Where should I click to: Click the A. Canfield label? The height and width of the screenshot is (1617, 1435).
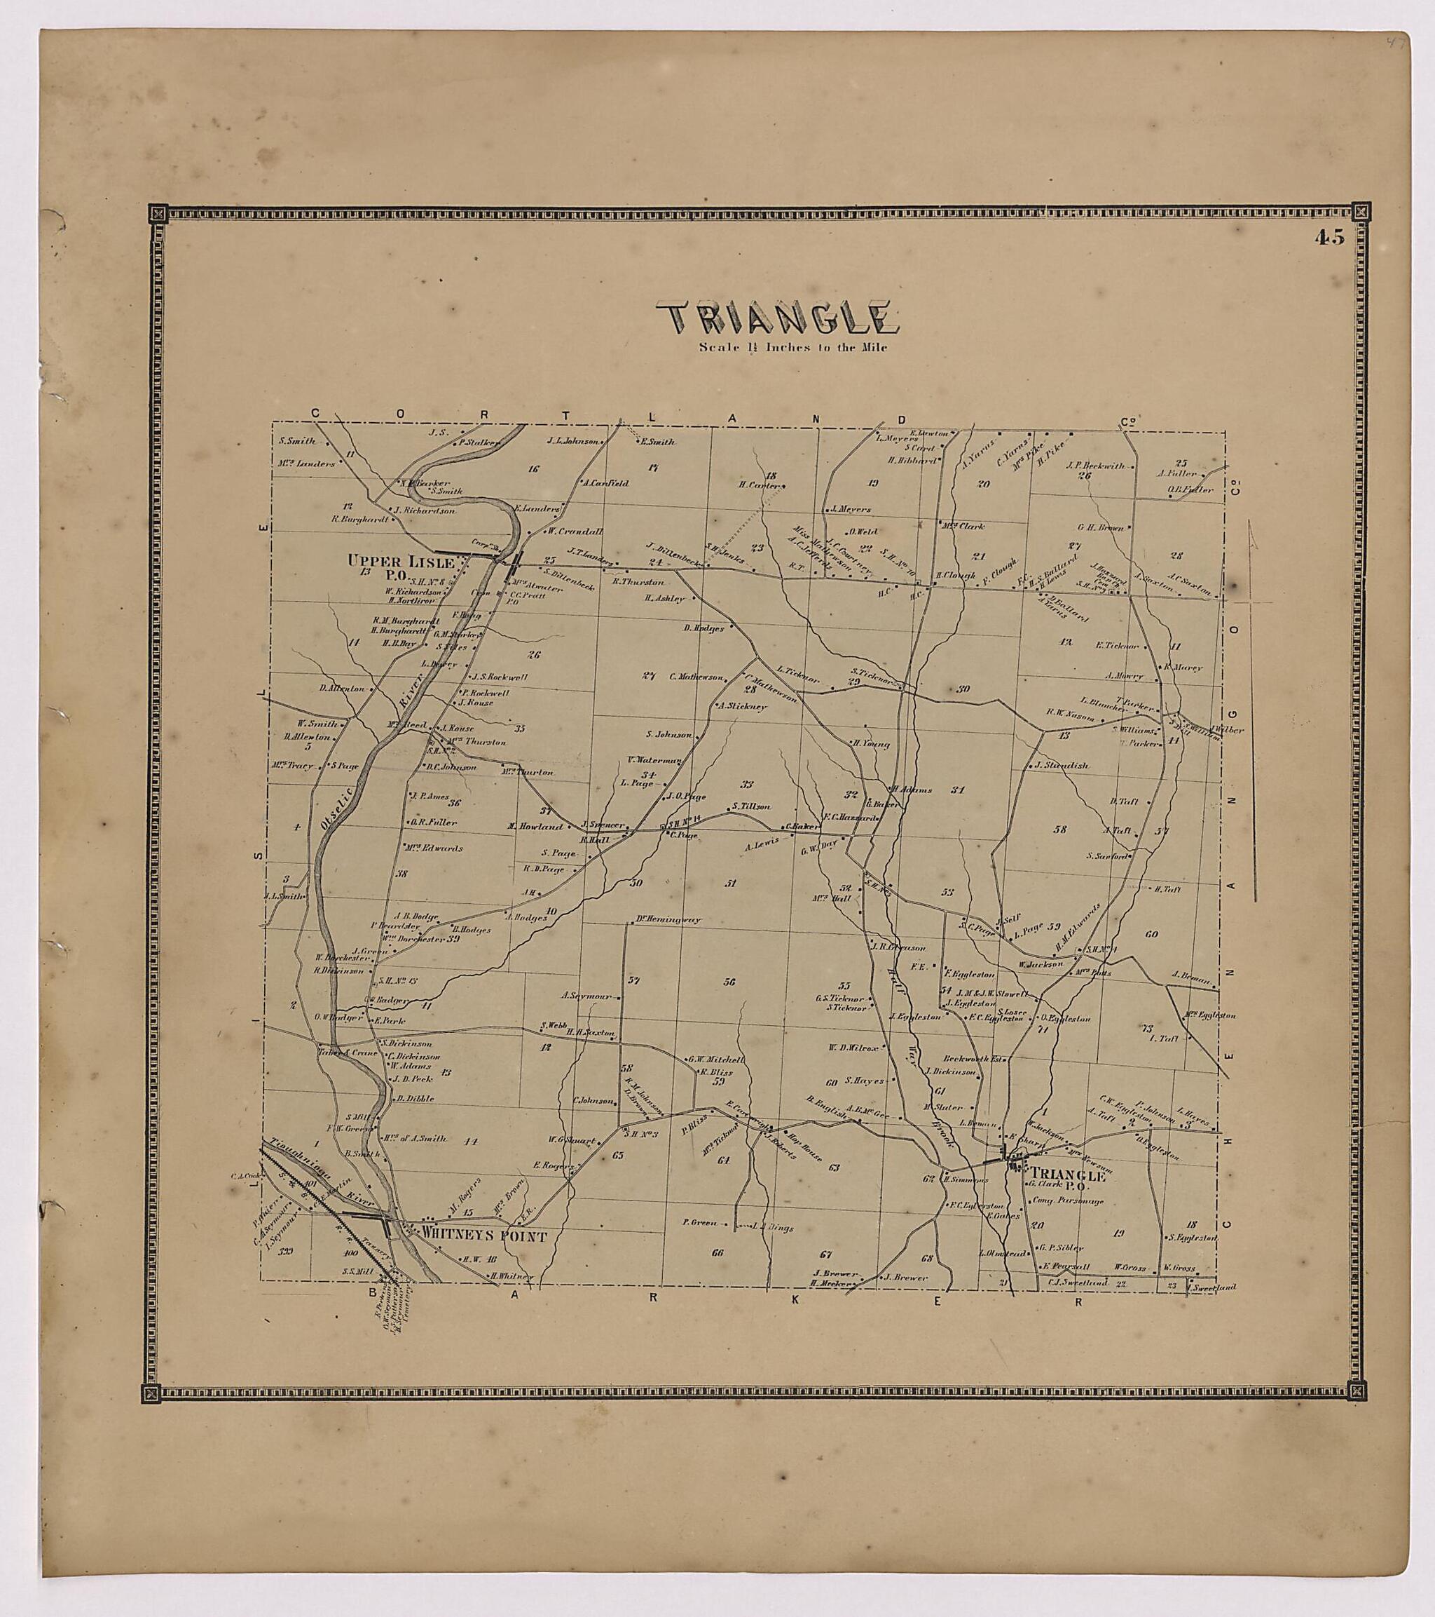click(605, 482)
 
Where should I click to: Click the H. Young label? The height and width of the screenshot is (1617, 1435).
click(870, 743)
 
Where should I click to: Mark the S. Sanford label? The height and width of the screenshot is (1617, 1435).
click(1106, 855)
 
